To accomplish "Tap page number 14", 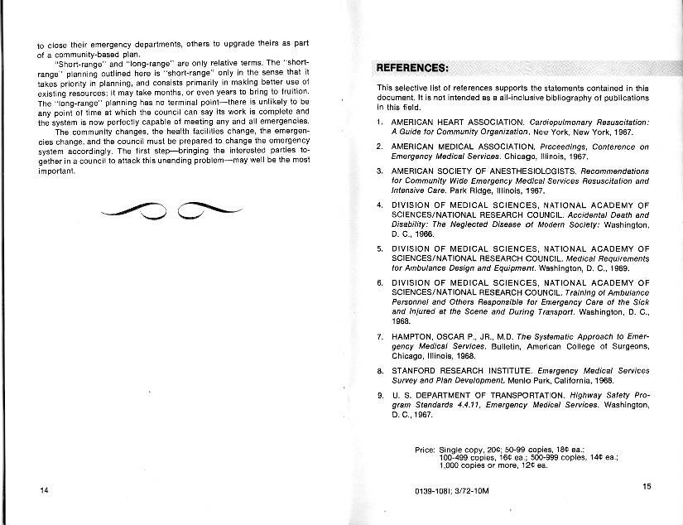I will coord(44,490).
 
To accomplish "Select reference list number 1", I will coord(380,123).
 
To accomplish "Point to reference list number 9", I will coord(380,395).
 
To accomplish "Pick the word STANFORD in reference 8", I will coord(420,370).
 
